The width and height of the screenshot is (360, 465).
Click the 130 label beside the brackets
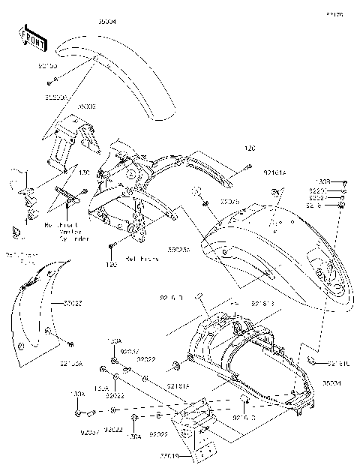(84, 172)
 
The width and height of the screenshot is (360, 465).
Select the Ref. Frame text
(140, 259)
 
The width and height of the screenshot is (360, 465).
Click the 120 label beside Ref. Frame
(112, 265)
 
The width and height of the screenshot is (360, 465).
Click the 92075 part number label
(229, 201)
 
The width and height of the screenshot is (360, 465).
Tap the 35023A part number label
(178, 250)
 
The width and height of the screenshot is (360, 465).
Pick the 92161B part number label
(263, 304)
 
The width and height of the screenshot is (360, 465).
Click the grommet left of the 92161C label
(310, 362)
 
